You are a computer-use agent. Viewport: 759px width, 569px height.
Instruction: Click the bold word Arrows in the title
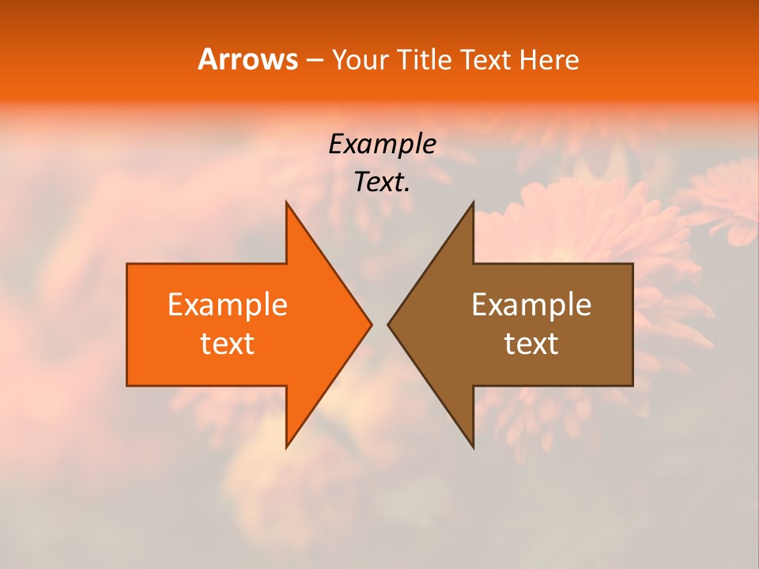coord(247,59)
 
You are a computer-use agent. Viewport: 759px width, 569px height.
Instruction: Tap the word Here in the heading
coord(549,59)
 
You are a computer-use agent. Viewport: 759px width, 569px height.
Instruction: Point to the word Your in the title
coord(361,59)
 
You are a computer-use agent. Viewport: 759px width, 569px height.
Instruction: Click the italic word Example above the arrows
coord(382,144)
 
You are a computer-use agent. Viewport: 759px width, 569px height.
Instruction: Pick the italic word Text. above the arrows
coord(382,182)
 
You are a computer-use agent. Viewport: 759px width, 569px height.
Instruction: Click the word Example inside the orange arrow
coord(228,304)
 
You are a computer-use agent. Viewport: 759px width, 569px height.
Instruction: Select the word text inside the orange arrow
coord(228,344)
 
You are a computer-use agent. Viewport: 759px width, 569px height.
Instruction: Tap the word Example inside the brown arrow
coord(531,304)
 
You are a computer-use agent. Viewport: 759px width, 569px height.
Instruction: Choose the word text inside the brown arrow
coord(531,344)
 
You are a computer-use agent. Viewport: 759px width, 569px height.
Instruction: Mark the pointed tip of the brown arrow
coord(389,324)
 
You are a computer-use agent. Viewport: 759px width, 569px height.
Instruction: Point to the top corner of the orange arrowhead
coord(287,203)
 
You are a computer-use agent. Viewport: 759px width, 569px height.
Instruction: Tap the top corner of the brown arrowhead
coord(473,203)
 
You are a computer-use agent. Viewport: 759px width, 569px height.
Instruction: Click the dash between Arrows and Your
coord(314,61)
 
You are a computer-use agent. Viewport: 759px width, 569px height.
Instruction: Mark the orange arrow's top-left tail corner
coord(128,265)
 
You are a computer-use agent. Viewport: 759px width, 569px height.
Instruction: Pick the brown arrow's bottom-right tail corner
coord(632,385)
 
